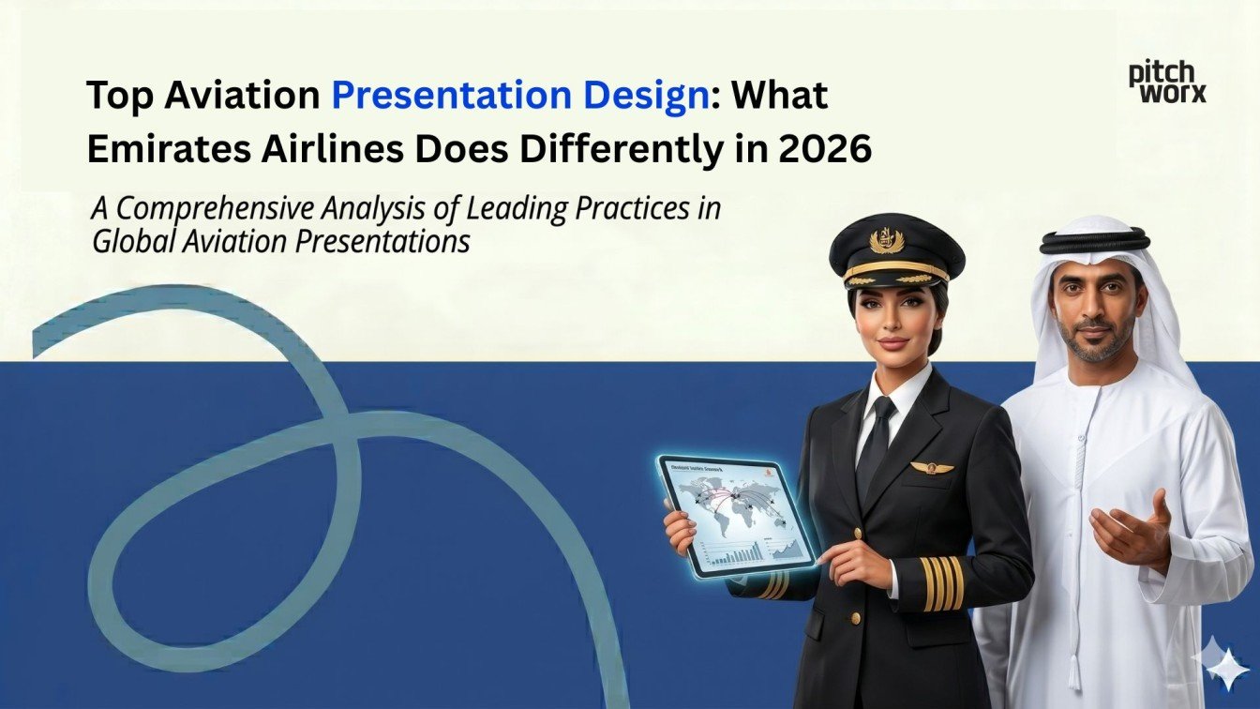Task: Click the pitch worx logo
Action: click(x=1167, y=83)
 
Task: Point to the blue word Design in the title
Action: click(x=630, y=97)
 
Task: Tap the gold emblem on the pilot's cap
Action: click(x=887, y=241)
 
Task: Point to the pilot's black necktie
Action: click(x=877, y=450)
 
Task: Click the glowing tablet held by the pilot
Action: click(x=736, y=516)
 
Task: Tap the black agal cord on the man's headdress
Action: click(x=1094, y=241)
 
